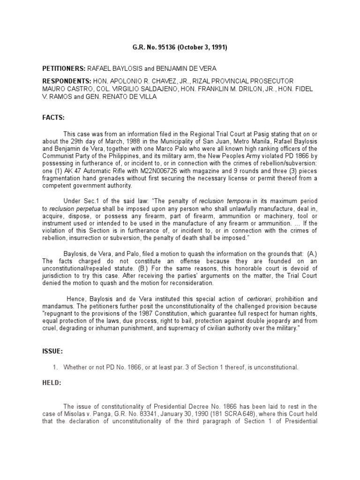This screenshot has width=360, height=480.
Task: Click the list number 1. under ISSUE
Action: pos(54,367)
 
